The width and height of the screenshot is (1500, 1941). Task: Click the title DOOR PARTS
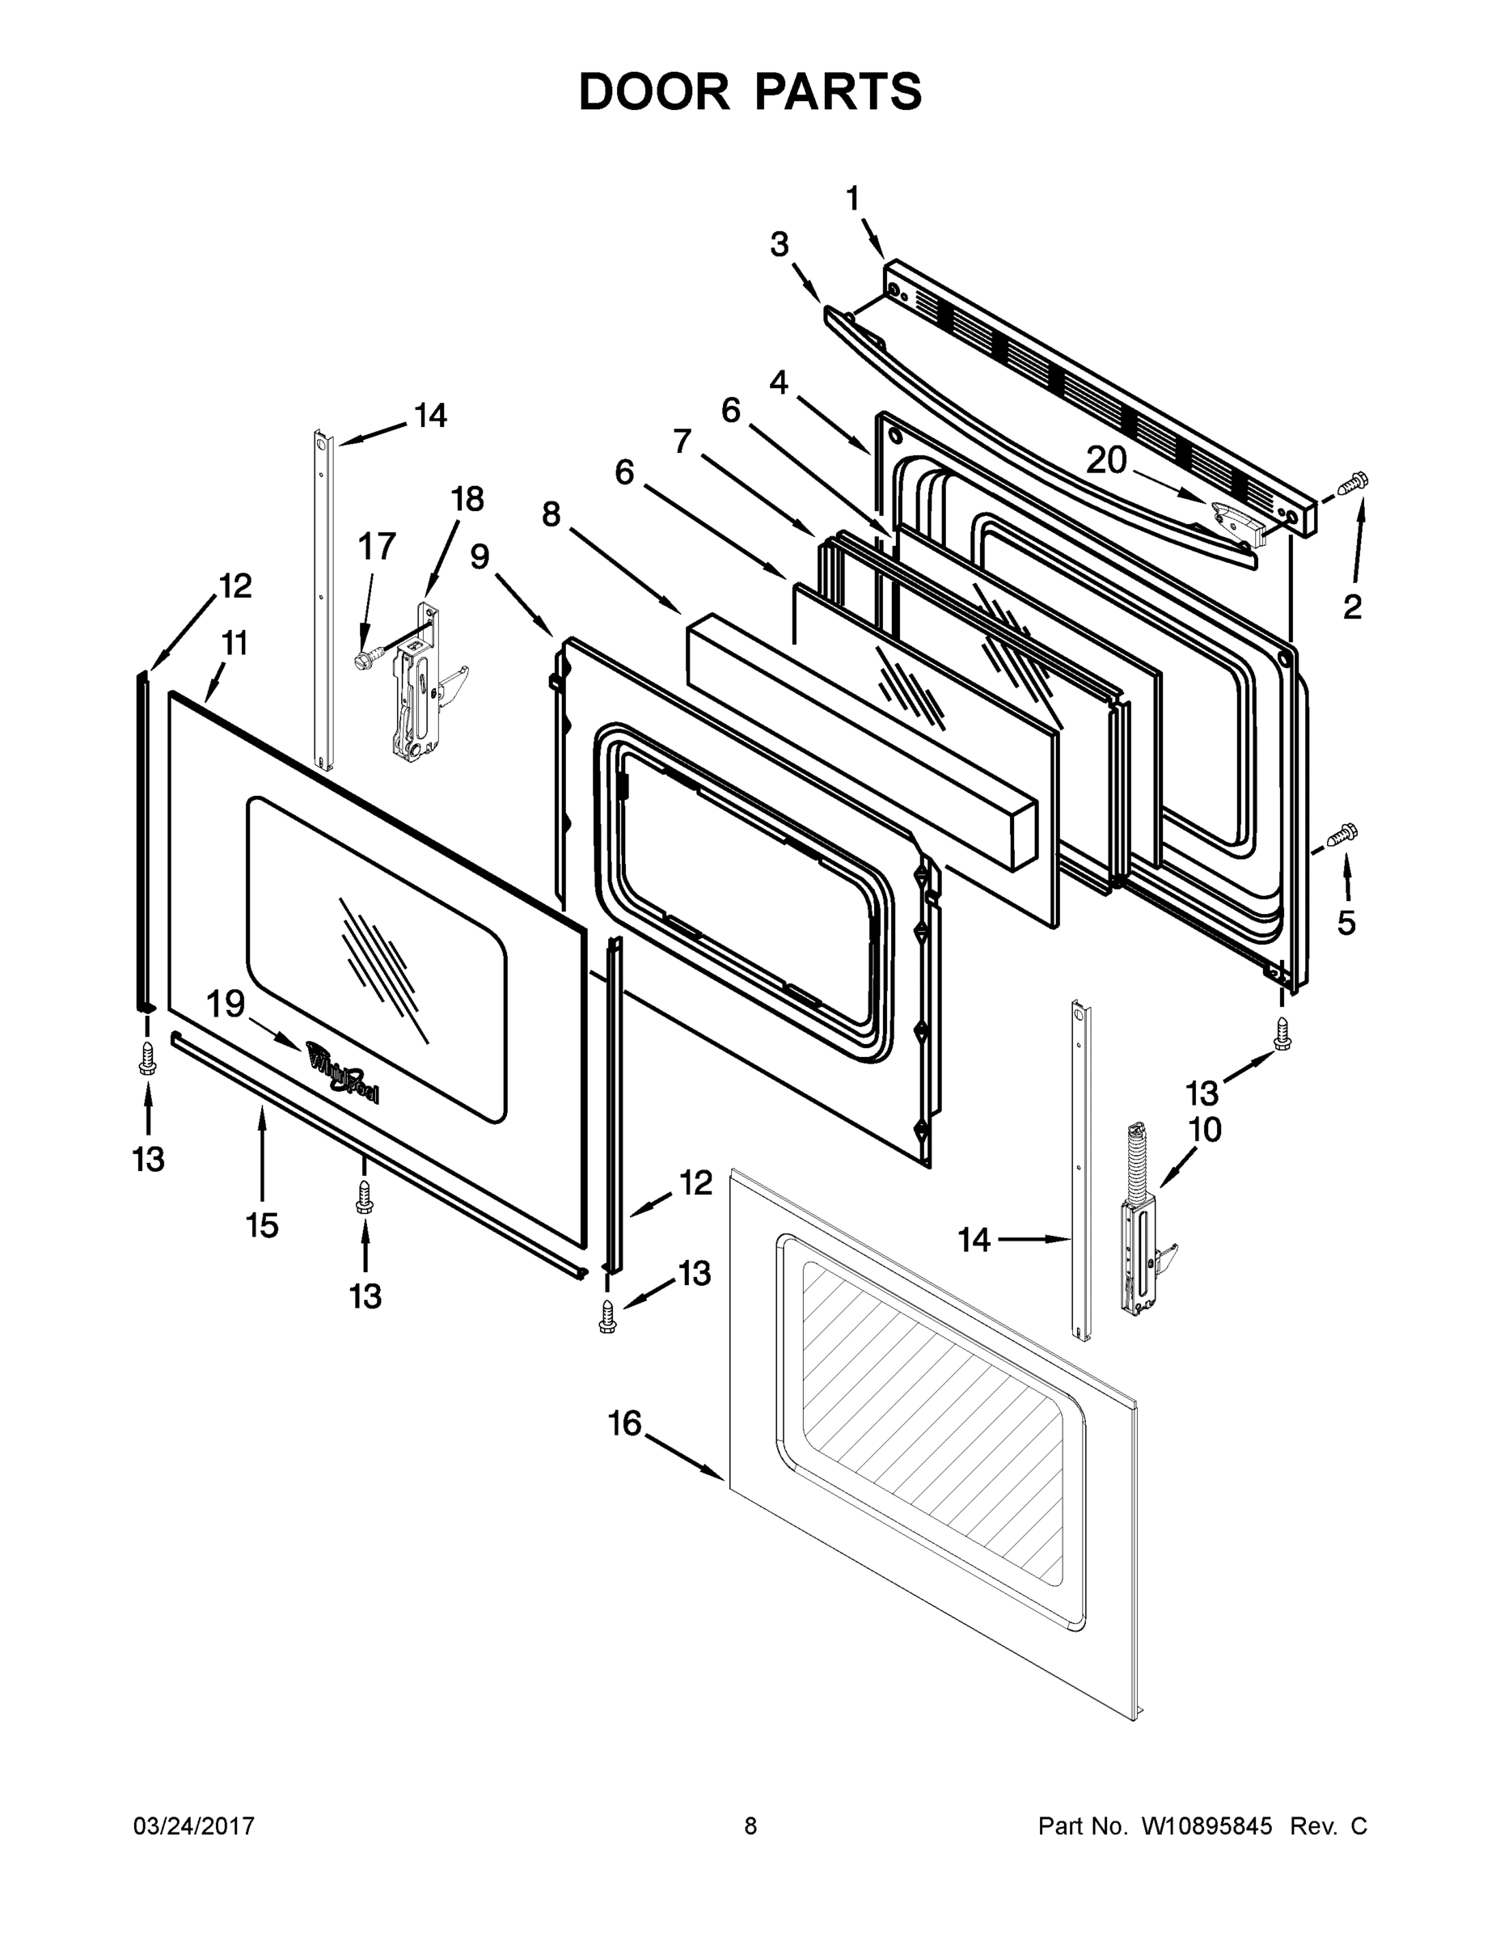[750, 92]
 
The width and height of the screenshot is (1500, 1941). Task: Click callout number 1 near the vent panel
[852, 199]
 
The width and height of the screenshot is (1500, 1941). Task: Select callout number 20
[1106, 460]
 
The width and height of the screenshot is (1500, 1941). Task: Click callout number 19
[226, 1004]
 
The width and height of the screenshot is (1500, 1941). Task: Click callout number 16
[625, 1423]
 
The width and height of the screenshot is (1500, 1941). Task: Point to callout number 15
[262, 1225]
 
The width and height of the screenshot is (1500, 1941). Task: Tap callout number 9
[480, 557]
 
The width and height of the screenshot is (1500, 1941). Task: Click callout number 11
[234, 644]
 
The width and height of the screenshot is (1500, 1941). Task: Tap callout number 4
[780, 383]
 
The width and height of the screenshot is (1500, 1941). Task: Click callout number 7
[682, 441]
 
